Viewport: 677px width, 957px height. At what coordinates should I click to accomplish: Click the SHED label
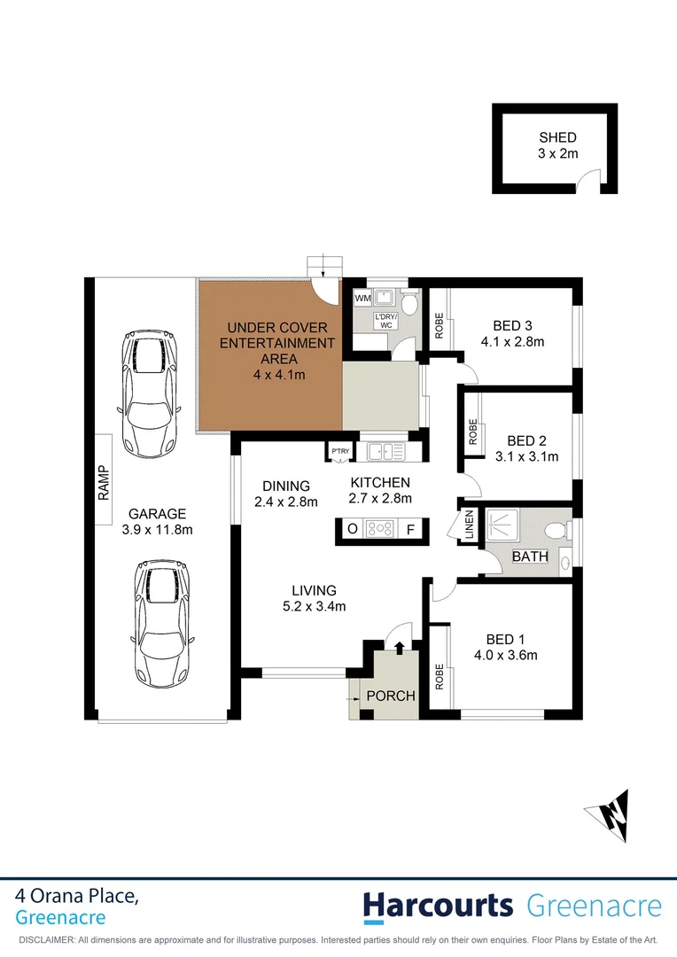click(x=557, y=137)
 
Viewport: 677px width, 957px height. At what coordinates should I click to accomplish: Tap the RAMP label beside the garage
click(x=104, y=483)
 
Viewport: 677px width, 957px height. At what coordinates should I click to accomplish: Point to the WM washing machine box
click(x=362, y=299)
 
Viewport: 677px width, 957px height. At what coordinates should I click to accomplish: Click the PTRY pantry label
click(x=339, y=451)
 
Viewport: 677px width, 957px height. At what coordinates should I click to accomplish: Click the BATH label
click(x=530, y=557)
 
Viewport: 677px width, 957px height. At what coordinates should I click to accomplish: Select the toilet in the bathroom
click(x=556, y=531)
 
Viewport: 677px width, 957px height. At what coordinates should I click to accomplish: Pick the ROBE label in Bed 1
click(x=439, y=677)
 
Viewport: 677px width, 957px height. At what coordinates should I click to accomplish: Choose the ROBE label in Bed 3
click(x=439, y=326)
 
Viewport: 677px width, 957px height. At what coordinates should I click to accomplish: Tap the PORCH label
click(x=391, y=696)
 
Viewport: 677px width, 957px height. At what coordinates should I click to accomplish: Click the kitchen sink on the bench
click(x=385, y=452)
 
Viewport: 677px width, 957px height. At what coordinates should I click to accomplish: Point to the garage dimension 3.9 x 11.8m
click(x=157, y=530)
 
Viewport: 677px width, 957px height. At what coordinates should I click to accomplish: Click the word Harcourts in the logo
click(x=438, y=906)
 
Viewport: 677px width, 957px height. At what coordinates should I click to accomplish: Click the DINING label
click(x=285, y=486)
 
